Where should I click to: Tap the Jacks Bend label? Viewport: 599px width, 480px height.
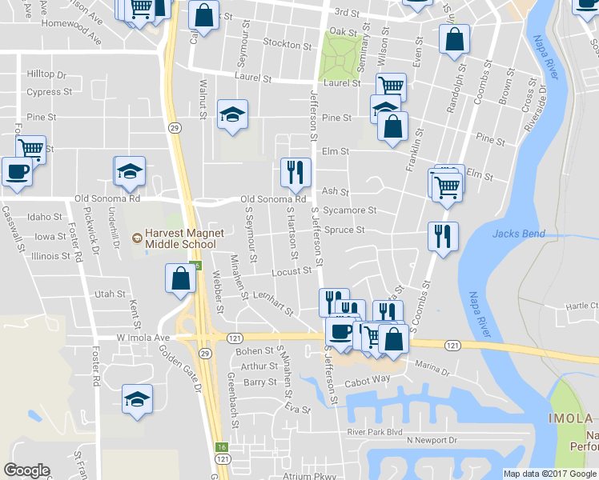click(x=519, y=234)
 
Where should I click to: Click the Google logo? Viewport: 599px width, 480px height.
click(x=26, y=470)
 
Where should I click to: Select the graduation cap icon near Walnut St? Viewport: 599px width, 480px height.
click(x=232, y=115)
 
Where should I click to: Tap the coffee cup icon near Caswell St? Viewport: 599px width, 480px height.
click(x=17, y=171)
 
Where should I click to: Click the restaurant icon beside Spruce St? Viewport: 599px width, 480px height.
click(x=443, y=237)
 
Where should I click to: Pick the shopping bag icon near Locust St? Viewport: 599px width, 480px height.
click(x=181, y=279)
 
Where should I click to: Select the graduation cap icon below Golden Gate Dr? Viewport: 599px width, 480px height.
click(x=137, y=399)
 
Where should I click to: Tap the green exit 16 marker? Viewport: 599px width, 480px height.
click(x=222, y=447)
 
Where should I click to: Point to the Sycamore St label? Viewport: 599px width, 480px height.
click(x=349, y=210)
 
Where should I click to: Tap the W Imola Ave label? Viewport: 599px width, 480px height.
click(x=144, y=338)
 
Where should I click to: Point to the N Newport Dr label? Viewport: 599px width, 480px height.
click(x=431, y=440)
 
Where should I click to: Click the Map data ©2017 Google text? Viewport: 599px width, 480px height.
click(x=549, y=474)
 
